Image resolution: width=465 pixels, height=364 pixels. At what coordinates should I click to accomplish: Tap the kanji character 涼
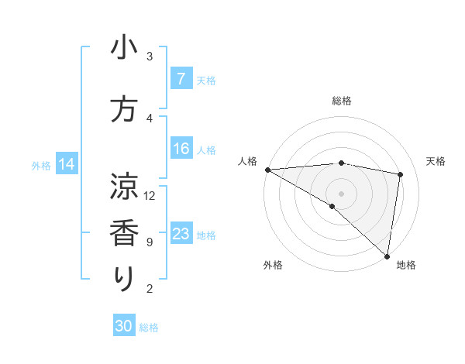(x=124, y=186)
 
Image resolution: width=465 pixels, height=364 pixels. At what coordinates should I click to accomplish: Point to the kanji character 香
(x=124, y=232)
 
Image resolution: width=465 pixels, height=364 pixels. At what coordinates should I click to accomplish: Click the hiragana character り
(x=124, y=279)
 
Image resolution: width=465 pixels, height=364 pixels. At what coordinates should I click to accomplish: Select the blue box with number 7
(x=181, y=79)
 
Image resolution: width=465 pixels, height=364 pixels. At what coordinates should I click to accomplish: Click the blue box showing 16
(x=181, y=149)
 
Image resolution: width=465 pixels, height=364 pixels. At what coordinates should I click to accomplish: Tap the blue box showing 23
(x=181, y=234)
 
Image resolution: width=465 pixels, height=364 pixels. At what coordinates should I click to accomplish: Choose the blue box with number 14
(x=67, y=164)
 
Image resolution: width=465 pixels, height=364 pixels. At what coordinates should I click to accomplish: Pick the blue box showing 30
(x=124, y=326)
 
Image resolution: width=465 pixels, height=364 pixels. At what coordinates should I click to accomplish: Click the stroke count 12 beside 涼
(x=150, y=195)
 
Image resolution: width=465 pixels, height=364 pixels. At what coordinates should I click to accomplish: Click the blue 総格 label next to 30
(x=149, y=328)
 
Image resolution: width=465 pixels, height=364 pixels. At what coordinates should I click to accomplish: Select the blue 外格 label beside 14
(x=41, y=165)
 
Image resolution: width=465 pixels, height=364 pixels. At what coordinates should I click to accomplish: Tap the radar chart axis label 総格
(x=342, y=101)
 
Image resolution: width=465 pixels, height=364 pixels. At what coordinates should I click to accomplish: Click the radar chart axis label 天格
(x=436, y=161)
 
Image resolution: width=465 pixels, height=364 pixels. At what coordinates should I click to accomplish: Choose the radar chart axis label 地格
(x=406, y=266)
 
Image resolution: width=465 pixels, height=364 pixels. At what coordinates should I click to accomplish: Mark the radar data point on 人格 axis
(x=267, y=170)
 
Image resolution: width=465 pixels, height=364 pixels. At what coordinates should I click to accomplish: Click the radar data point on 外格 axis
(x=332, y=206)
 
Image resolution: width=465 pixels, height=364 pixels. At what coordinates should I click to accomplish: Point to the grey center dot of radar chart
(x=341, y=193)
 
